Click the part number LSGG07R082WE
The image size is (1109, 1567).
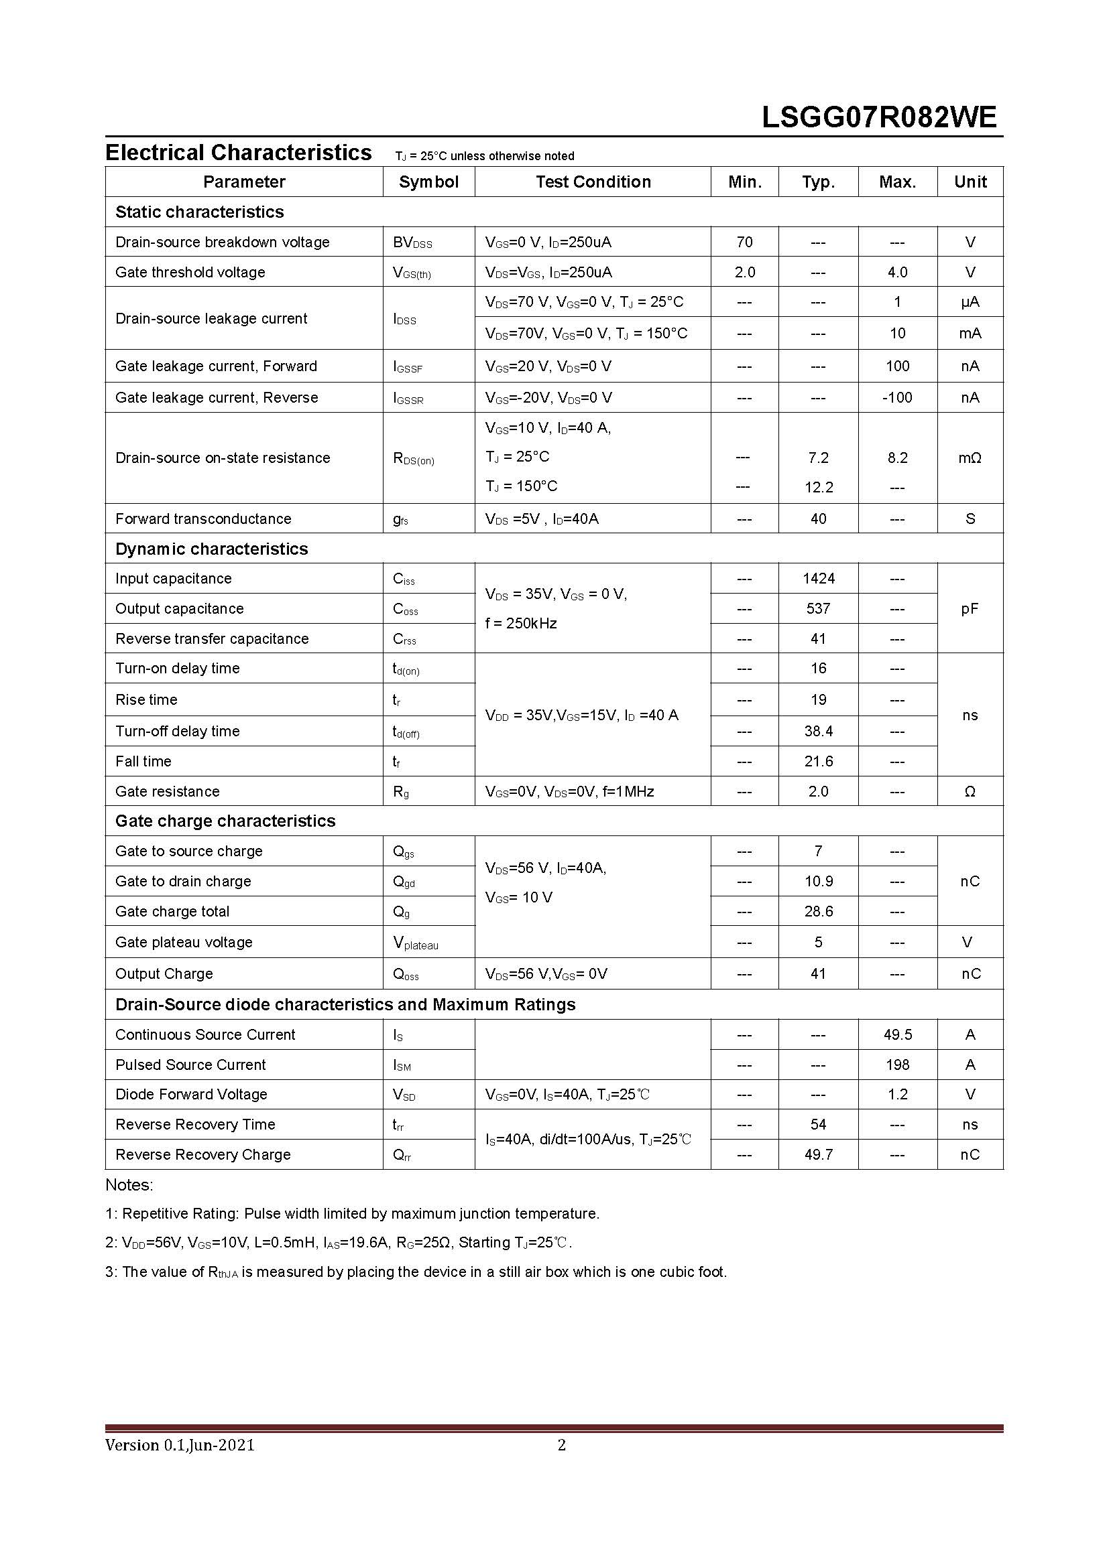(879, 117)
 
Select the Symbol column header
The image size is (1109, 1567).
(428, 182)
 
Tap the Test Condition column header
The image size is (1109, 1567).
(593, 182)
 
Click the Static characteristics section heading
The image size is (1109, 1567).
(199, 212)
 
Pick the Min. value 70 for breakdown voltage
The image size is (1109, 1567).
(744, 242)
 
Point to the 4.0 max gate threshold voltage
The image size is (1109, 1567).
(897, 272)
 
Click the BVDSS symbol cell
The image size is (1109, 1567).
(412, 243)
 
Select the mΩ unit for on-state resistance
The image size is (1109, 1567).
(970, 458)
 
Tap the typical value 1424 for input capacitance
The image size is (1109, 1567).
(818, 579)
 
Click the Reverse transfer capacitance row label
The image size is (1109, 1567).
(212, 639)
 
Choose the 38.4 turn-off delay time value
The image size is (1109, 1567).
(818, 732)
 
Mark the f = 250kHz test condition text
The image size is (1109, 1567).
(520, 623)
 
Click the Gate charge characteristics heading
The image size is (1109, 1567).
(225, 821)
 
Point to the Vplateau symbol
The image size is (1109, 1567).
(415, 943)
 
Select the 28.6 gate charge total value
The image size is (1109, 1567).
(818, 912)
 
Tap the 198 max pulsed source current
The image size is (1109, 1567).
(897, 1065)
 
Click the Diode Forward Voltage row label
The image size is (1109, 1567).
(191, 1095)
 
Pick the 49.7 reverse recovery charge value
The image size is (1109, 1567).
(818, 1155)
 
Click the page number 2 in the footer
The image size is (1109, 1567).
(561, 1444)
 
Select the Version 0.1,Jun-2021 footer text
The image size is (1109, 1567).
(180, 1444)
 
